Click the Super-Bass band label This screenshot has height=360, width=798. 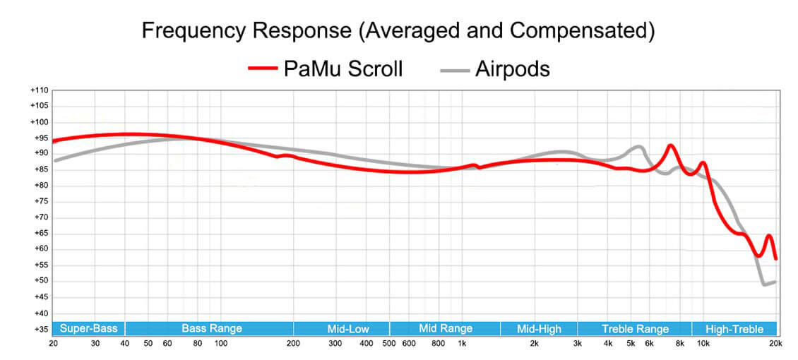coord(88,328)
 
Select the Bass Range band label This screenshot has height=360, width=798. coord(212,328)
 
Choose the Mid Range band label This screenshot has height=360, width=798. coord(446,328)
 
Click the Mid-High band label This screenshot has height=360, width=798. coord(540,328)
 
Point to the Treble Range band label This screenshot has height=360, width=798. coord(635,328)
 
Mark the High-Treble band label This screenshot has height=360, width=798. coord(734,328)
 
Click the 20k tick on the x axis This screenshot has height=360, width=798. coord(775,344)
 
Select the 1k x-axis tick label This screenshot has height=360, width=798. coord(462,344)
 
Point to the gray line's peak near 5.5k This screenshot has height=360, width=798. coord(638,147)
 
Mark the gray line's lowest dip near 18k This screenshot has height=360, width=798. coord(764,284)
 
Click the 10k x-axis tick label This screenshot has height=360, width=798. coord(703,344)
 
